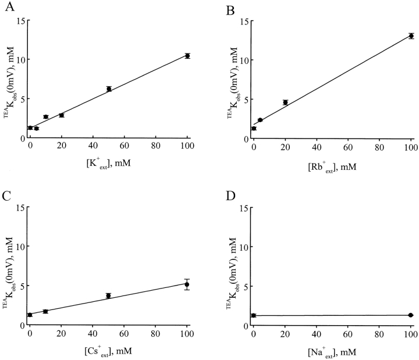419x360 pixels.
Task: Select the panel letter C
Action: [x=6, y=194]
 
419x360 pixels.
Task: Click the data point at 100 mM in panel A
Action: [x=187, y=56]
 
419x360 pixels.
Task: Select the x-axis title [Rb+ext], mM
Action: [x=332, y=166]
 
